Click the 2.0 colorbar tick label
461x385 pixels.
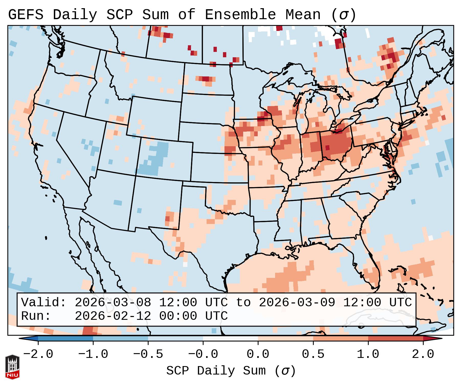tap(423, 354)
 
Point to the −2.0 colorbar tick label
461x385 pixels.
tap(38, 354)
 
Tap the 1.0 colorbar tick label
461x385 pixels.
tap(368, 354)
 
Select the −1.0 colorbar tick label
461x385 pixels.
tap(93, 354)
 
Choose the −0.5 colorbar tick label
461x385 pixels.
tap(148, 354)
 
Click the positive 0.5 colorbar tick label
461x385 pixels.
tap(313, 354)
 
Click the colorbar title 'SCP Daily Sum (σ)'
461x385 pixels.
tap(231, 371)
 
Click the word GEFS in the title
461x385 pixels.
tap(26, 15)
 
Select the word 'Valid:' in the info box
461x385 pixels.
tap(44, 302)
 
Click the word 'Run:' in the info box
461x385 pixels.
tap(36, 316)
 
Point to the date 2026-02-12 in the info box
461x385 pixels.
tap(113, 316)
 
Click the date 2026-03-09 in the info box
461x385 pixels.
tap(297, 302)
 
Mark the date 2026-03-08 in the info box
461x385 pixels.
tap(113, 302)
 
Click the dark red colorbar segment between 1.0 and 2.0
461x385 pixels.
tap(396, 338)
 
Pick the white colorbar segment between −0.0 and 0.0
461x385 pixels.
tap(230, 338)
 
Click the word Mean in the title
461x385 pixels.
tap(303, 15)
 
